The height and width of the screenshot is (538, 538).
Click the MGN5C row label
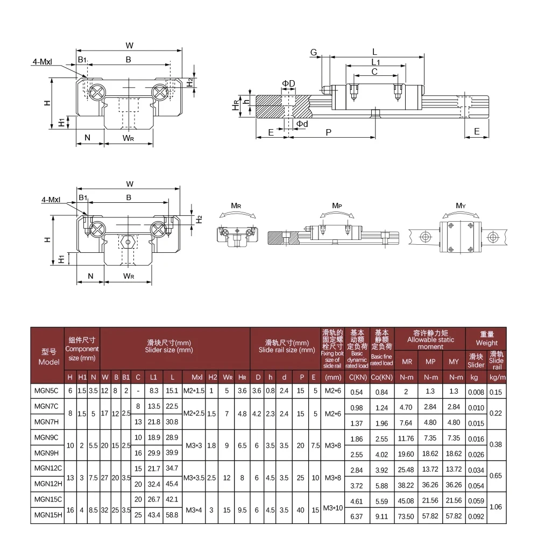47,392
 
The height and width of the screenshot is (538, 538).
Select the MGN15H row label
47,515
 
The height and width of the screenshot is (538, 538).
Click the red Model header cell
47,356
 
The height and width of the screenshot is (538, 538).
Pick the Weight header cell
486,338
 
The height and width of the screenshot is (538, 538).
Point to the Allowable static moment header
430,339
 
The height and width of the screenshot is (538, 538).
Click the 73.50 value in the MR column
407,515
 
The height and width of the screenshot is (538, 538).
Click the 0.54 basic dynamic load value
356,392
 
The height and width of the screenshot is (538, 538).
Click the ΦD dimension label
288,83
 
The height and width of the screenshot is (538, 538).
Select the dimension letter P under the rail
328,131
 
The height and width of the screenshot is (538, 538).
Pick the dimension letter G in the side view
313,52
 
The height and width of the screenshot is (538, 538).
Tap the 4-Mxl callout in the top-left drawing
53,61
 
